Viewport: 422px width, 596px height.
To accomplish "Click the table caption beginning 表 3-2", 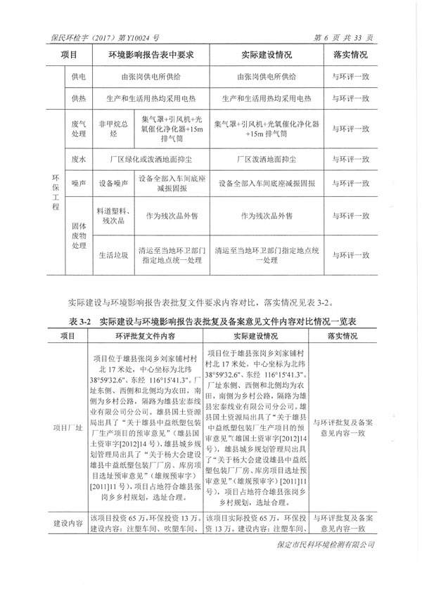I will [x=210, y=320].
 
